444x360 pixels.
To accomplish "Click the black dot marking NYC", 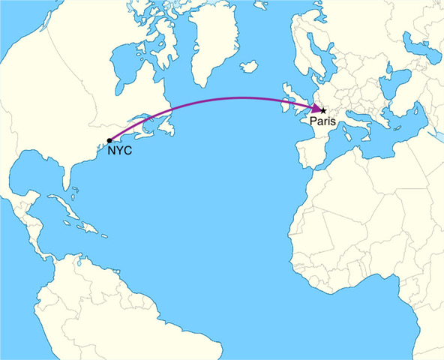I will tap(109, 140).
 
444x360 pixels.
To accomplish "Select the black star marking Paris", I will tap(323, 110).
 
